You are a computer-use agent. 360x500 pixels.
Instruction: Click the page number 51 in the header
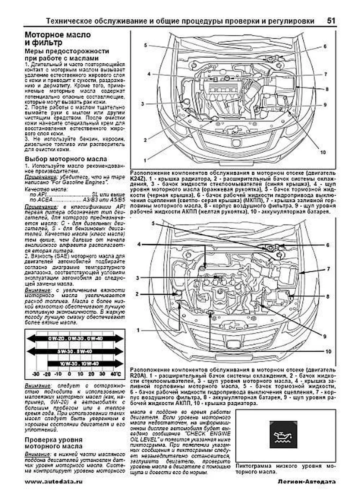pos(331,21)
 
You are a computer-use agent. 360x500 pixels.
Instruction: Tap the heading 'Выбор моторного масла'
pos(66,159)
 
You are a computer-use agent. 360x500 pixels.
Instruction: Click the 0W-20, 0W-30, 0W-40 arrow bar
pos(75,338)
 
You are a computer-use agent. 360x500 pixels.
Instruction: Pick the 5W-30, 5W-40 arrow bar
pos(75,351)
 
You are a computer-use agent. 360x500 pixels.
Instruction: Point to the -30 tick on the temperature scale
pos(36,374)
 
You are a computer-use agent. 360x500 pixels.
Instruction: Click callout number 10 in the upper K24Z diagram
pos(322,153)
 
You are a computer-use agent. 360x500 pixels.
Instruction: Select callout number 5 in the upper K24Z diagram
pos(145,45)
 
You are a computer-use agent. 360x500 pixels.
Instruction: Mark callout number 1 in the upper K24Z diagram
pos(145,161)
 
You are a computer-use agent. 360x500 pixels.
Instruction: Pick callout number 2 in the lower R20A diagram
pos(137,294)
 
